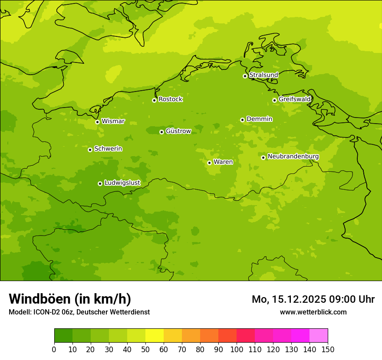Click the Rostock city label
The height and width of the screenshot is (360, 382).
point(170,99)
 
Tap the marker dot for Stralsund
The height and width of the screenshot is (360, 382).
point(245,76)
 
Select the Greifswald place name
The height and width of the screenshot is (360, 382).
point(294,99)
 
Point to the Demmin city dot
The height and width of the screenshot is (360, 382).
point(242,120)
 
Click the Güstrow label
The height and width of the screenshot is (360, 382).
point(178,131)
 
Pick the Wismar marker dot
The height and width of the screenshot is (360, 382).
point(97,122)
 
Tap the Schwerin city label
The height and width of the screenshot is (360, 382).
point(108,149)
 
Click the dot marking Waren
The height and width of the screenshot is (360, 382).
point(209,163)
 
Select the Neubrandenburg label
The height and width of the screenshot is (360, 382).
point(293,157)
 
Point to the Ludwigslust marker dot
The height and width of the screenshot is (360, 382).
point(100,183)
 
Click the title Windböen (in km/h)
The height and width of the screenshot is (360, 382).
point(70,299)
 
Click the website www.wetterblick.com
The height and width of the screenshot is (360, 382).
point(313,312)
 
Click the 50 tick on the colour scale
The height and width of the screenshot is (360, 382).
point(145,349)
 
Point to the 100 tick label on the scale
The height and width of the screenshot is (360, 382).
point(237,349)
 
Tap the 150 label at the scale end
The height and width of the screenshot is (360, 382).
point(328,349)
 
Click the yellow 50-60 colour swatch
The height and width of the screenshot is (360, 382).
point(155,336)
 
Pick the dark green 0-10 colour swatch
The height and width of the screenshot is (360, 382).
point(63,336)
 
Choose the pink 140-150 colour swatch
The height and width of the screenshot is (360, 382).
point(319,336)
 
